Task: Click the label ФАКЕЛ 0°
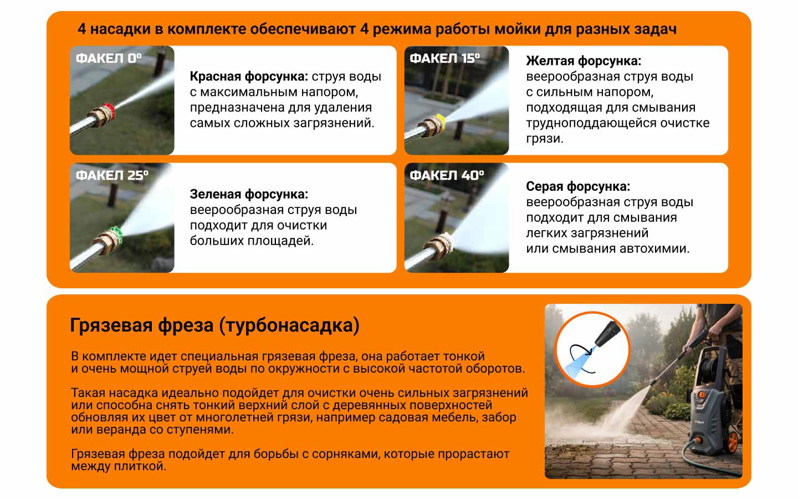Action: click(x=109, y=58)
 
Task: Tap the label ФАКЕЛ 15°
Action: click(x=444, y=58)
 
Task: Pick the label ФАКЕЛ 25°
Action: click(x=112, y=175)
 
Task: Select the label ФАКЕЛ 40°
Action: click(x=447, y=175)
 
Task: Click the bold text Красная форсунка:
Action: click(x=249, y=77)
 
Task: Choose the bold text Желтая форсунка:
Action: click(x=584, y=61)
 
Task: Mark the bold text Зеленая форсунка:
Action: click(x=249, y=194)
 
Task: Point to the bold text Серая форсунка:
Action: click(x=578, y=186)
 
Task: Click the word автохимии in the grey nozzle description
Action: click(x=654, y=248)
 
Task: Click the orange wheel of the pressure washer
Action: click(x=733, y=442)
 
